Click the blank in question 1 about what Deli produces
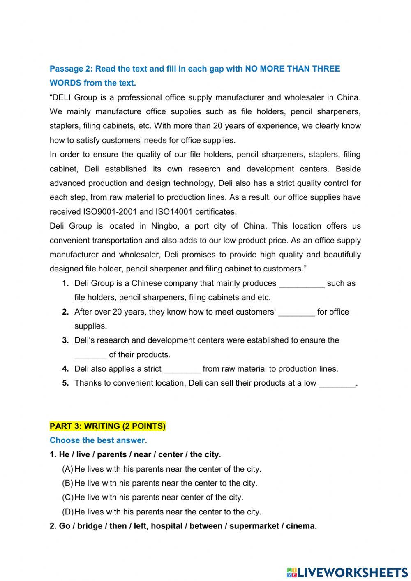pyautogui.click(x=302, y=284)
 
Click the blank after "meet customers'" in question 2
pyautogui.click(x=297, y=312)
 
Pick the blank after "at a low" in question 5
pyautogui.click(x=337, y=384)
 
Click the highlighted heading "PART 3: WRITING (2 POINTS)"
pyautogui.click(x=108, y=426)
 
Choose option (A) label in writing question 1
pyautogui.click(x=67, y=469)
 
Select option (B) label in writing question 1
pyautogui.click(x=67, y=483)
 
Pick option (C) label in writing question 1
pyautogui.click(x=67, y=497)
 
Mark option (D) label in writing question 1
pyautogui.click(x=67, y=512)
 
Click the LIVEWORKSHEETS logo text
pyautogui.click(x=352, y=572)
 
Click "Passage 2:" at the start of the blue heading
pyautogui.click(x=70, y=69)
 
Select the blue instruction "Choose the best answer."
pyautogui.click(x=98, y=440)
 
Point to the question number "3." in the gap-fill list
pyautogui.click(x=65, y=340)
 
